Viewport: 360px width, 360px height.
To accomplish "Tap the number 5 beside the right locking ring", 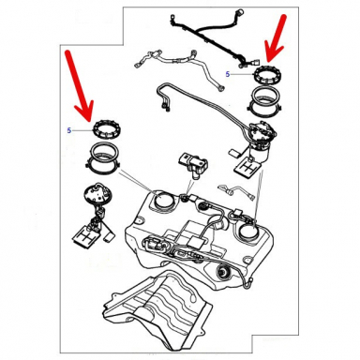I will coord(228,72).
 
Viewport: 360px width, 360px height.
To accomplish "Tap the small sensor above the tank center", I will coord(193,163).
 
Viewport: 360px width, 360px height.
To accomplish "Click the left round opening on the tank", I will coord(161,198).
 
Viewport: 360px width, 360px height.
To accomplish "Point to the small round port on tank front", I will coord(225,273).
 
